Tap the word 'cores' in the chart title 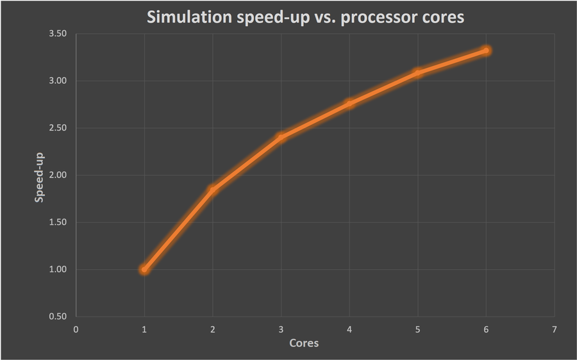[442, 18]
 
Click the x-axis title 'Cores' [304, 343]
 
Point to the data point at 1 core [144, 270]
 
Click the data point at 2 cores [212, 189]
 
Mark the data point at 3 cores [281, 137]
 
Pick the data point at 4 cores [349, 103]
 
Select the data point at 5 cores [418, 73]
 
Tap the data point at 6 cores [486, 50]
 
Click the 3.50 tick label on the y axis [58, 33]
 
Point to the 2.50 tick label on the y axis [58, 128]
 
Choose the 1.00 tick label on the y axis [58, 270]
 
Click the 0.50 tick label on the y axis [58, 316]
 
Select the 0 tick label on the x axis [76, 329]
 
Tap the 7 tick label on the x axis [555, 329]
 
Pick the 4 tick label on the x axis [349, 329]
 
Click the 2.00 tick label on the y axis [58, 175]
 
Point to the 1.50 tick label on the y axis [58, 222]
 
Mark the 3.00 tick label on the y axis [58, 81]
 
